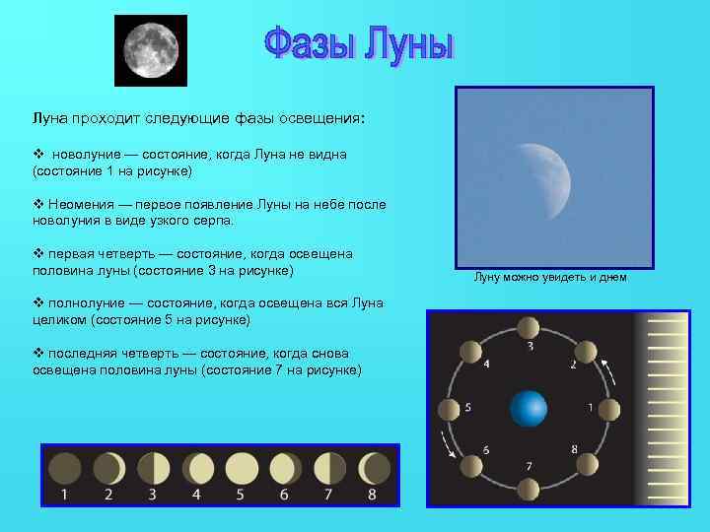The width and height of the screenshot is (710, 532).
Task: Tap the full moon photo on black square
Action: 151,50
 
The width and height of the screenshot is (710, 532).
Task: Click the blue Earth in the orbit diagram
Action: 529,408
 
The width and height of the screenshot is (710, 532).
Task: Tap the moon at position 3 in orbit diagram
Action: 530,328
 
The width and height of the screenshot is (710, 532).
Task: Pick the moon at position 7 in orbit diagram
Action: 530,488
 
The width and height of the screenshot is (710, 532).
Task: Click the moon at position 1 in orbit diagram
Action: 609,407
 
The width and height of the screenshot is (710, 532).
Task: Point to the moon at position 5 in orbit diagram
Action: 449,408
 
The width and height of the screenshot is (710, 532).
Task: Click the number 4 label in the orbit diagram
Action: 485,364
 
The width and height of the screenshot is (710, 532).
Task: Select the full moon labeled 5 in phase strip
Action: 242,466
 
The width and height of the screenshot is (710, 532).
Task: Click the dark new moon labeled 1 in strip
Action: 65,466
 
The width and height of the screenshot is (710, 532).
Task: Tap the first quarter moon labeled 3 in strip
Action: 153,466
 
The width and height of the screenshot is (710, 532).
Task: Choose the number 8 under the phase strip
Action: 372,494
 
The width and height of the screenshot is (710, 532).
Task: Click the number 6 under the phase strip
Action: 284,494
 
